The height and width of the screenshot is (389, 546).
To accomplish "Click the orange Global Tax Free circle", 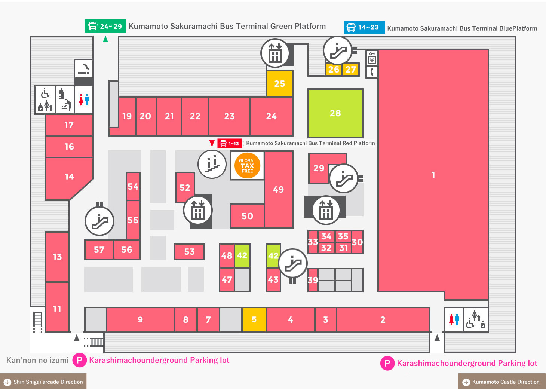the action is tap(247, 165).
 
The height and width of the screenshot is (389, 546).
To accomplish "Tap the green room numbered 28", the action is tap(335, 113).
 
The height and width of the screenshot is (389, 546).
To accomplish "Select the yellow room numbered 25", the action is tap(279, 84).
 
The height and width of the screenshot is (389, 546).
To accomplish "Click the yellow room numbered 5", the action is tap(254, 319).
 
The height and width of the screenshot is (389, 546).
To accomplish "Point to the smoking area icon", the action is tap(84, 68).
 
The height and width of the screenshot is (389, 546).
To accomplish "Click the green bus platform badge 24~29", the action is tap(105, 26).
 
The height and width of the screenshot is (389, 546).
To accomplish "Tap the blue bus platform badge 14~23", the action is tap(364, 27).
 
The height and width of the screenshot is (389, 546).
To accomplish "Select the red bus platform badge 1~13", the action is tap(230, 143).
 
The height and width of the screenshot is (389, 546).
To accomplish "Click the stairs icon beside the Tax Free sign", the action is tap(212, 164).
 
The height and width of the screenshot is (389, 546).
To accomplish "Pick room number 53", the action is tap(189, 251).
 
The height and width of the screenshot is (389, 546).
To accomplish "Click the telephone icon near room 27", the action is tap(372, 72).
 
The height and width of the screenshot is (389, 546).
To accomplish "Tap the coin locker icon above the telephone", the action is tap(372, 58).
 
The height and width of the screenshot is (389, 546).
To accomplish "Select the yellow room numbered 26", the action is tap(334, 70).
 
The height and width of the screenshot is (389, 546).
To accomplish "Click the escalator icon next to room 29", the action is tap(344, 178).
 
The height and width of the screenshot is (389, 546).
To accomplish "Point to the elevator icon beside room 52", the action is tap(198, 210).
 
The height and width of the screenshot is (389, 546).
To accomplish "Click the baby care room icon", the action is tap(65, 100).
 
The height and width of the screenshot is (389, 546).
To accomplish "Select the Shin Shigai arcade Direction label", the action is tap(43, 382).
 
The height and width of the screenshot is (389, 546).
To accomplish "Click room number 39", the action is tap(313, 280).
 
